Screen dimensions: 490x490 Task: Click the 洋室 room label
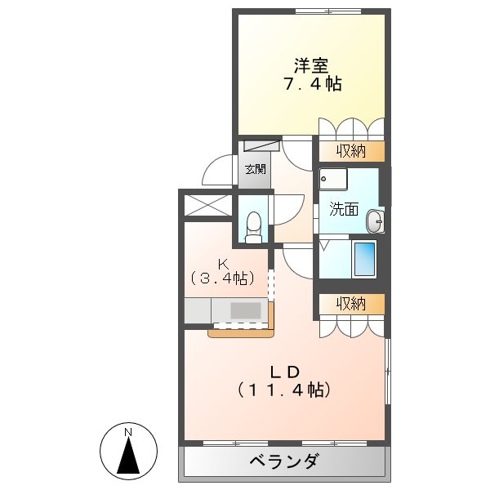click(310, 64)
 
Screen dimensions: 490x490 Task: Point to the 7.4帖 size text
click(310, 83)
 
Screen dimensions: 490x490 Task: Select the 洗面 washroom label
click(344, 208)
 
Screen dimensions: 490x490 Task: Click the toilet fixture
click(254, 223)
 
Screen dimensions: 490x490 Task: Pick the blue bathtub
click(364, 259)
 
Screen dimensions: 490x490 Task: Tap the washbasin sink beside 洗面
click(374, 220)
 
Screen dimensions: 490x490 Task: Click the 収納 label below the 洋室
click(350, 150)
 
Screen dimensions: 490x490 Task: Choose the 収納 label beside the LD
click(350, 304)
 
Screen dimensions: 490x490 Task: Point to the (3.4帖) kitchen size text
click(222, 278)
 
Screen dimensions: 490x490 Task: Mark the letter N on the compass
click(128, 431)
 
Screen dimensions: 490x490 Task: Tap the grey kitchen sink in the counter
click(246, 311)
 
